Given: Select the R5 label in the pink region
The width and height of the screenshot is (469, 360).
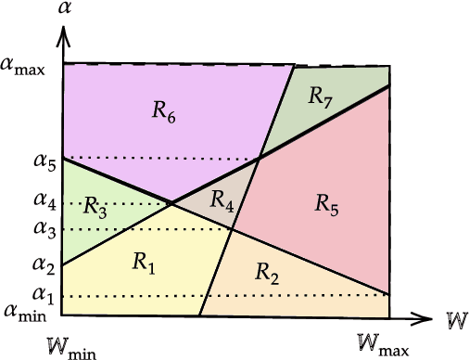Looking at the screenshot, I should (326, 203).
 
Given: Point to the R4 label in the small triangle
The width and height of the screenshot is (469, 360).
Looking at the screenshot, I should (222, 198).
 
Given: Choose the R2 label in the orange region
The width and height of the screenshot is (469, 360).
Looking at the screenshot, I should (267, 273).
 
